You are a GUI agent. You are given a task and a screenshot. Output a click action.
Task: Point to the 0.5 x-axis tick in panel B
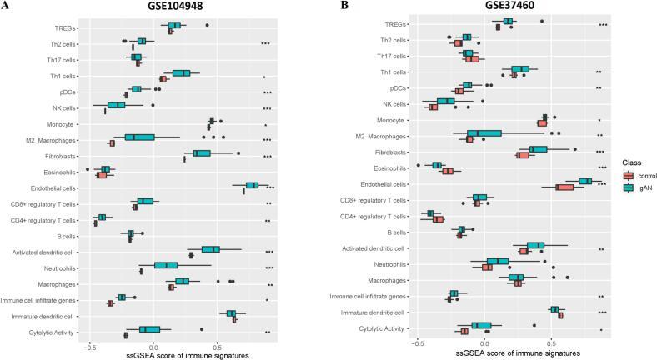[x=551, y=343]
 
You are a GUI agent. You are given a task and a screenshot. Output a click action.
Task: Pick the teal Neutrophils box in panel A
[x=166, y=265]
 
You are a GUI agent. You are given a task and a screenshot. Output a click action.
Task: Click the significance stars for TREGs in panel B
[x=602, y=26]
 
